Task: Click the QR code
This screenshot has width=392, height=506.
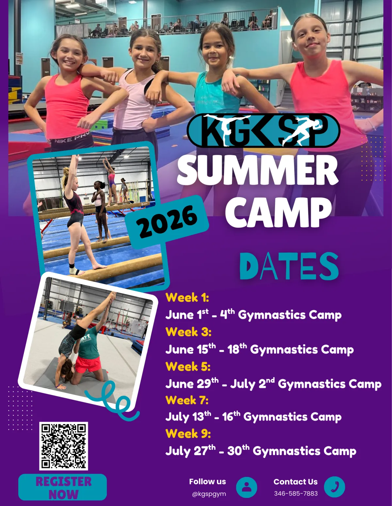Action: point(64,446)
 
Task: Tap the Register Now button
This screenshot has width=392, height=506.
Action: point(63,487)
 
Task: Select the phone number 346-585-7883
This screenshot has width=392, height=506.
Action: point(296,493)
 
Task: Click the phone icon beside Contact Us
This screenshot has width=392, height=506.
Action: point(335,487)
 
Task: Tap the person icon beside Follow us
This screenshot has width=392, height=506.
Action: point(246,487)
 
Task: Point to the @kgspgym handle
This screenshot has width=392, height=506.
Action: point(209,494)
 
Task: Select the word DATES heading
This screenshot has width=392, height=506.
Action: point(289,266)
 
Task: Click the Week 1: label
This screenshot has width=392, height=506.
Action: point(187,298)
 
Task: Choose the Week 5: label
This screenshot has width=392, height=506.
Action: point(188,366)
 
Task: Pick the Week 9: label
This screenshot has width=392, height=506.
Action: point(188,434)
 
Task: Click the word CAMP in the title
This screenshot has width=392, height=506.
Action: point(279,212)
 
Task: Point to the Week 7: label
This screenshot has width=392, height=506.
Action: point(187,400)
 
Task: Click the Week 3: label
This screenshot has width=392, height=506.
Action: point(188,332)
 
